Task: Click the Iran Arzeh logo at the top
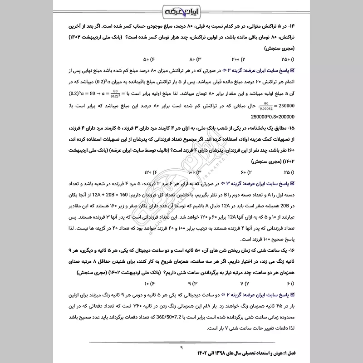pyautogui.click(x=181, y=10)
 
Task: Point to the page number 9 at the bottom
pyautogui.click(x=181, y=347)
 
